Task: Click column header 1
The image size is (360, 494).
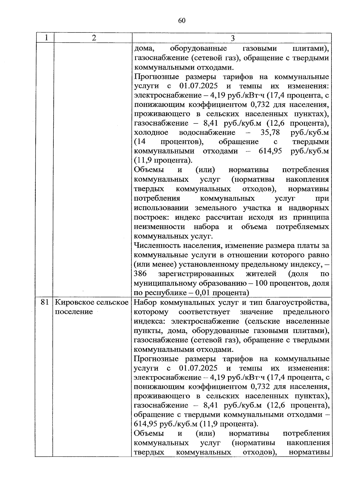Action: click(x=46, y=38)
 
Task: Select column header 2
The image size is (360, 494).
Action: click(x=94, y=38)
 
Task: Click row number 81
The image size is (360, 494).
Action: click(x=44, y=302)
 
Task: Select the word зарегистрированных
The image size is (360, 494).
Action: click(x=196, y=274)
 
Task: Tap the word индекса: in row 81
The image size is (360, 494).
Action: click(x=151, y=321)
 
